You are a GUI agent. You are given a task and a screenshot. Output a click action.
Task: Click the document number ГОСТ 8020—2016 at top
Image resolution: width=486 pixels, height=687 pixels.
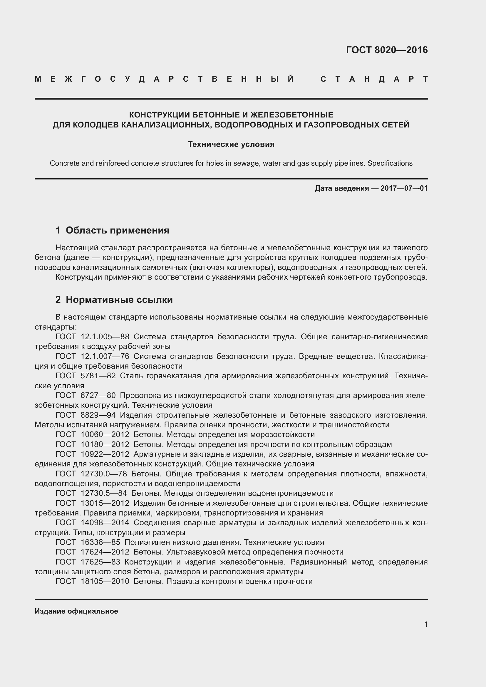click(387, 50)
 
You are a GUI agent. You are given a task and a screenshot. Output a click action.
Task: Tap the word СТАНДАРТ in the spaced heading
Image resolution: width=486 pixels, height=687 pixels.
click(374, 79)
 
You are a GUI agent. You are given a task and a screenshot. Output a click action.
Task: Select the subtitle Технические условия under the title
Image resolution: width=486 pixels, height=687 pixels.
click(231, 144)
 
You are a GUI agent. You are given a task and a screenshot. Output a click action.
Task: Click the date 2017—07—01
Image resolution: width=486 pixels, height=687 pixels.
click(404, 188)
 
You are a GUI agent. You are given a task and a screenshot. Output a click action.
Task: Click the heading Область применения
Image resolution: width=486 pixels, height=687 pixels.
click(117, 230)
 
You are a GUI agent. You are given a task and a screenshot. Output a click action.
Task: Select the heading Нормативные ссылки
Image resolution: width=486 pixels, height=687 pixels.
click(119, 300)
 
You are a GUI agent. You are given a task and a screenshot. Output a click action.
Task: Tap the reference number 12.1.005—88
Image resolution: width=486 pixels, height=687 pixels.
click(105, 337)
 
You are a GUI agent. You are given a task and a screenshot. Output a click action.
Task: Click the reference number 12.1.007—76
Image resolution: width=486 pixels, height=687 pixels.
click(105, 356)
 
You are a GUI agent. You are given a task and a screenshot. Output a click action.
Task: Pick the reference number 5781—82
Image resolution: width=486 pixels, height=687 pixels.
click(98, 376)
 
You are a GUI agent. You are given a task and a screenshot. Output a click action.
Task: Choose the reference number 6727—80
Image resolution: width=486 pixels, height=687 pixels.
click(98, 395)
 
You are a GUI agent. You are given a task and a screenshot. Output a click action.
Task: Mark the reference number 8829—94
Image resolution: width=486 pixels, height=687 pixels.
click(98, 415)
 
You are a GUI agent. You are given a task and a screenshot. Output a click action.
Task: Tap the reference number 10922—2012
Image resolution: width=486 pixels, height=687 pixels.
click(105, 454)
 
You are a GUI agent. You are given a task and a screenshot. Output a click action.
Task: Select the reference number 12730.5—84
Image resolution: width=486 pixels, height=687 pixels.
click(104, 493)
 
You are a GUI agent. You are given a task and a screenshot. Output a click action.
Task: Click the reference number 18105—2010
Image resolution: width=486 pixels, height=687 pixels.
click(105, 581)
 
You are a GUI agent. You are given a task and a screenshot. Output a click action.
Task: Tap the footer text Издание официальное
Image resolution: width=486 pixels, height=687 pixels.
click(76, 611)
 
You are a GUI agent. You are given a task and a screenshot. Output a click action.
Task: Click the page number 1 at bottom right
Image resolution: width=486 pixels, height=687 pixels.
click(425, 624)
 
